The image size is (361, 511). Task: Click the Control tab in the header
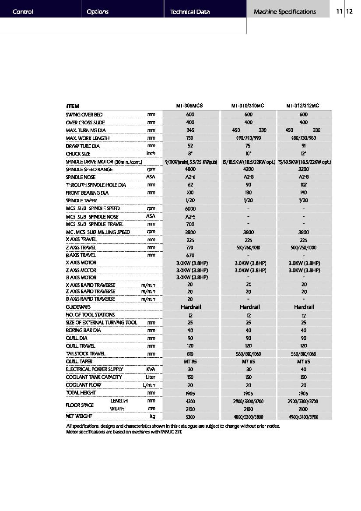click(x=23, y=12)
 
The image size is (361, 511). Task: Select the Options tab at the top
click(x=98, y=12)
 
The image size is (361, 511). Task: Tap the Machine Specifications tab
click(x=284, y=12)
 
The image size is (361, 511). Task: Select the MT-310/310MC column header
click(x=248, y=106)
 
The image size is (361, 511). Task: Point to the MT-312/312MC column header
click(x=303, y=106)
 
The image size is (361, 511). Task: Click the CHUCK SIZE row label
click(x=78, y=154)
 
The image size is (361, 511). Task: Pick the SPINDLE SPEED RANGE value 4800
click(x=190, y=169)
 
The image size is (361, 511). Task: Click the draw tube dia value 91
click(x=304, y=146)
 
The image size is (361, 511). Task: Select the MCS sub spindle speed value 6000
click(x=190, y=209)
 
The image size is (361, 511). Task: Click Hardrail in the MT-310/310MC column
click(x=248, y=307)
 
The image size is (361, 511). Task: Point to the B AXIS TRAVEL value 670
click(x=190, y=255)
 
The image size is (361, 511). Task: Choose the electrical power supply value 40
click(x=304, y=369)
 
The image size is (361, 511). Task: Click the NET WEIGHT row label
click(x=78, y=416)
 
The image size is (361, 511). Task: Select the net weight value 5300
click(x=190, y=417)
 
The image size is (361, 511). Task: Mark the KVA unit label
click(x=151, y=369)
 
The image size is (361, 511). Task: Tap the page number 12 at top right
click(x=349, y=12)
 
